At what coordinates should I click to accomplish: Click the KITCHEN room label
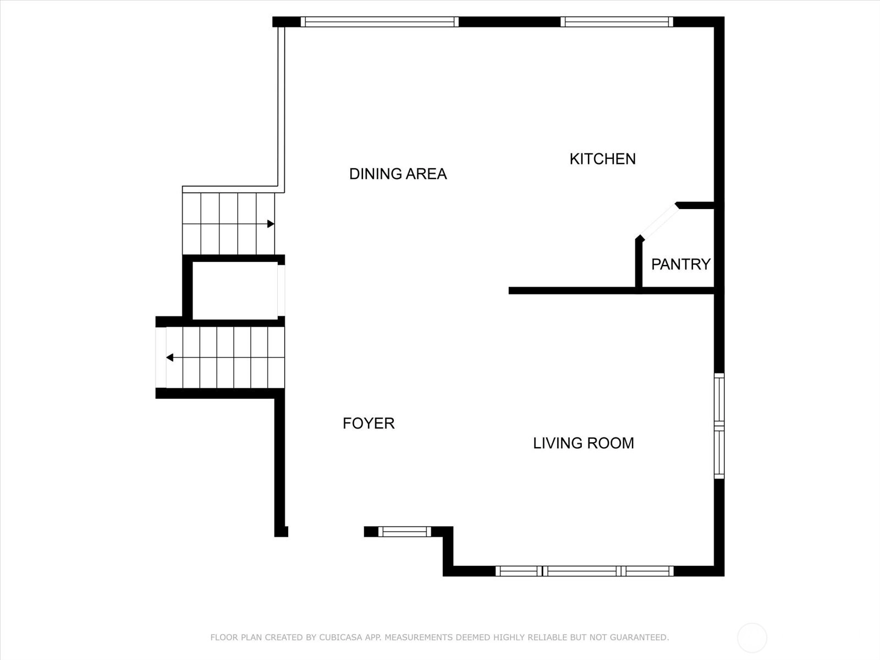click(603, 159)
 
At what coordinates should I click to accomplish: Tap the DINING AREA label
click(398, 174)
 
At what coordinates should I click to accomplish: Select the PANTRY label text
click(681, 265)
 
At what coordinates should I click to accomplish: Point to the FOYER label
click(369, 424)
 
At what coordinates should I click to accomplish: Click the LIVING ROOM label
click(584, 443)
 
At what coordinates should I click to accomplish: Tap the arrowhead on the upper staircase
click(271, 224)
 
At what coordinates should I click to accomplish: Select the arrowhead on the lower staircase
click(170, 357)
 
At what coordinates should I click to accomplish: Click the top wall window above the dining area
click(380, 21)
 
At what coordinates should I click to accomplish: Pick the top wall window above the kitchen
click(617, 21)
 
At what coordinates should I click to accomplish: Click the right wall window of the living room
click(719, 426)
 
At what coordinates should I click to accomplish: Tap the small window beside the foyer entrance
click(404, 531)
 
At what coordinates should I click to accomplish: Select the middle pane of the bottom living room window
click(582, 571)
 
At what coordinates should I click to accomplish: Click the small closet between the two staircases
click(235, 291)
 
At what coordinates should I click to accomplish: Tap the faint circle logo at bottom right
click(752, 637)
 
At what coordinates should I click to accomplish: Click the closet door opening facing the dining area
click(281, 290)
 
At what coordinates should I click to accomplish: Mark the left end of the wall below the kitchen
click(509, 290)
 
